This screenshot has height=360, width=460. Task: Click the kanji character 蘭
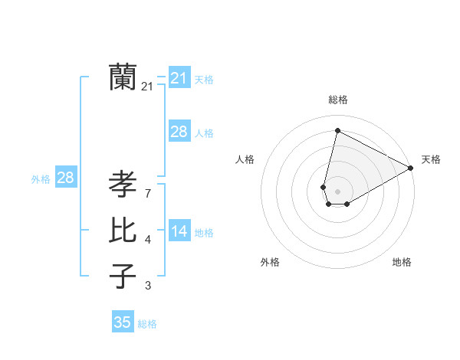point(123,77)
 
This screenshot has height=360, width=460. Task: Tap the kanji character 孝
point(123,185)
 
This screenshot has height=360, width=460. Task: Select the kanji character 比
point(123,231)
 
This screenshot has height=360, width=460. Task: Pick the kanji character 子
point(123,277)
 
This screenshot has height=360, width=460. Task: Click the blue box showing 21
point(179,78)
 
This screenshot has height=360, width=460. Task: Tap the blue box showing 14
point(179,231)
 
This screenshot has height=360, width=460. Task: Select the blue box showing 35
point(123,322)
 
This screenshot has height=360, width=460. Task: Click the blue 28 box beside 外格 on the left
point(65,178)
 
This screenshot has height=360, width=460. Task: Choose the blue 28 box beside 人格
point(179,132)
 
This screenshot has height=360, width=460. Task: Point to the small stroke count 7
point(147,193)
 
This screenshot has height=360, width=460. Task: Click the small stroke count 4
point(147,240)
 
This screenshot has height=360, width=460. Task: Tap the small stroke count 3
point(147,286)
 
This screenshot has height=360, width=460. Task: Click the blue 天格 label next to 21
point(204,80)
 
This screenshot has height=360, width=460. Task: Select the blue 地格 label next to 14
point(204,233)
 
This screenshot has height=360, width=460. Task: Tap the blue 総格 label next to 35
point(147,324)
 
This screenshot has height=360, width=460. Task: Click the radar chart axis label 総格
point(337,100)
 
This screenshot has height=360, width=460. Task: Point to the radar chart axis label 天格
point(431,159)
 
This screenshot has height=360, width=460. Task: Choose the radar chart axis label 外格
point(270,262)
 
